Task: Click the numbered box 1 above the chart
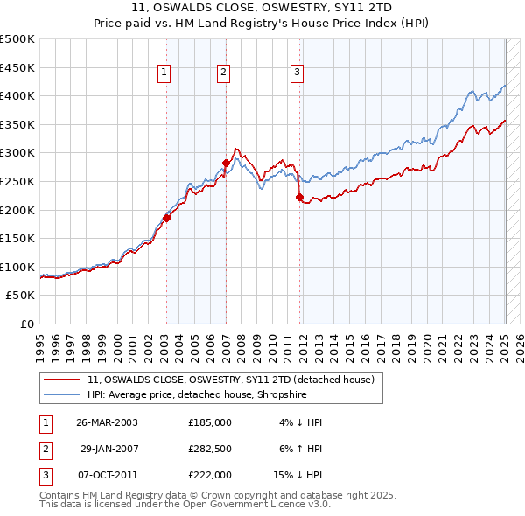click(164, 73)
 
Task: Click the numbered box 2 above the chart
click(224, 73)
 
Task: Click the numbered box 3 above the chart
click(297, 73)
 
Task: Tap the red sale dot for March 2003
click(166, 218)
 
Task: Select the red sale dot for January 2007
click(226, 163)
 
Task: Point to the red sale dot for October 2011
click(299, 198)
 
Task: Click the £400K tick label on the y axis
click(17, 95)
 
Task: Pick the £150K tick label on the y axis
click(17, 238)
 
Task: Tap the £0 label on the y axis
click(26, 324)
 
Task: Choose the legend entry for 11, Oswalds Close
click(231, 380)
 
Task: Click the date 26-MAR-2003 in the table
click(107, 422)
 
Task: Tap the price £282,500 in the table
click(210, 449)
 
